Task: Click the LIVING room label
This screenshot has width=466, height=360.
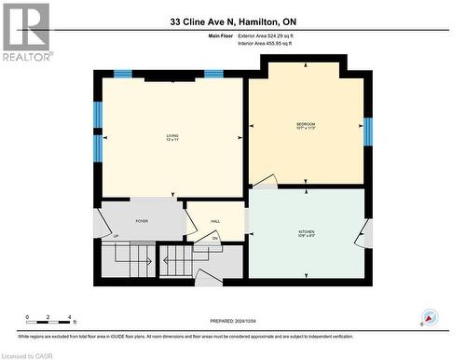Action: [x=172, y=138]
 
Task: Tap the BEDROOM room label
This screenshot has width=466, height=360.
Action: [x=306, y=126]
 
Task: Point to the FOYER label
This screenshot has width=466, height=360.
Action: [x=142, y=221]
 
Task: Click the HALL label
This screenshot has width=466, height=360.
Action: [x=214, y=221]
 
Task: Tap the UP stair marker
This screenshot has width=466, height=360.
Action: [x=116, y=236]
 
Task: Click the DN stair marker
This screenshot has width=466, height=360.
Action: [x=214, y=239]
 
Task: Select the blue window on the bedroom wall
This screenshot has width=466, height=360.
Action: [x=367, y=131]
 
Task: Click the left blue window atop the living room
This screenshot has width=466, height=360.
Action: [x=122, y=74]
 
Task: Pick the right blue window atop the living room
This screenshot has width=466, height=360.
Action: [x=213, y=74]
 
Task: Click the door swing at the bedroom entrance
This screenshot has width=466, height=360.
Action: [x=265, y=181]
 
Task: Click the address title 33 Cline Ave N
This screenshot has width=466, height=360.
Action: [x=232, y=21]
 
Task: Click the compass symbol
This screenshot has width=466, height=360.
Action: [x=430, y=318]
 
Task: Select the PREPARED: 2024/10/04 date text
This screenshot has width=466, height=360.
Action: [x=233, y=322]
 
